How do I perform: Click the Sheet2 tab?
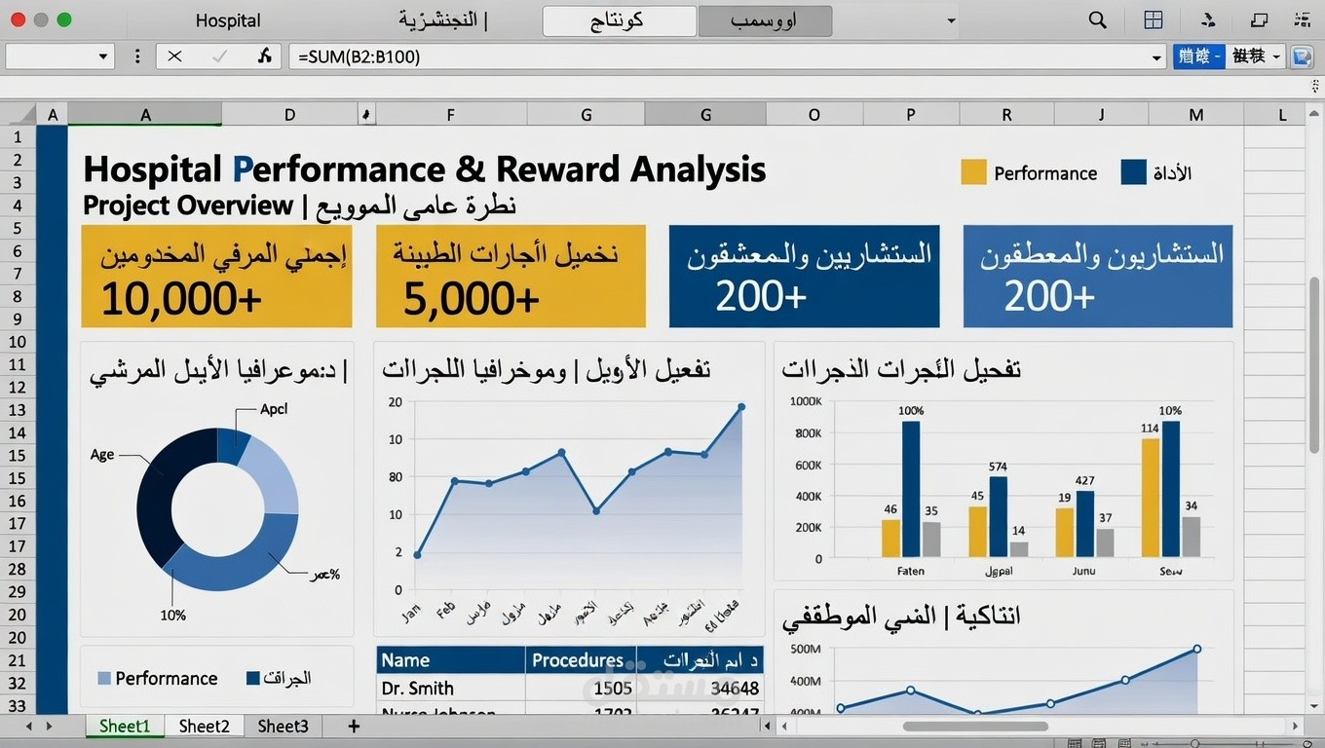pyautogui.click(x=204, y=727)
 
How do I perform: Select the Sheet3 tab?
pyautogui.click(x=283, y=727)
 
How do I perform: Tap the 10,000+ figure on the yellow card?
pyautogui.click(x=181, y=298)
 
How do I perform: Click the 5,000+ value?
pyautogui.click(x=471, y=298)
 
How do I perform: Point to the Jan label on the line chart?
pyautogui.click(x=411, y=613)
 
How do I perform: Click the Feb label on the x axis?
pyautogui.click(x=446, y=611)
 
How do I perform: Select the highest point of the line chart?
pyautogui.click(x=741, y=407)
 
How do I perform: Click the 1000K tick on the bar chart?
pyautogui.click(x=806, y=401)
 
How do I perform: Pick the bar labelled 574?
pyautogui.click(x=998, y=516)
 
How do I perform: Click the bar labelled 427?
pyautogui.click(x=1084, y=523)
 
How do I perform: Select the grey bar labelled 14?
pyautogui.click(x=1019, y=549)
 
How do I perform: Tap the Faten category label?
pyautogui.click(x=910, y=572)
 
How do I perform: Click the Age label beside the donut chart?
pyautogui.click(x=102, y=455)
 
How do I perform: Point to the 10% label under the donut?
pyautogui.click(x=172, y=616)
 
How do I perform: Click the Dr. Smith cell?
pyautogui.click(x=418, y=689)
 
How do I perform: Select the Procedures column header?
pyautogui.click(x=578, y=660)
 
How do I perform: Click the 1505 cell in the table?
pyautogui.click(x=613, y=689)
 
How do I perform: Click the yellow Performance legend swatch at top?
pyautogui.click(x=973, y=172)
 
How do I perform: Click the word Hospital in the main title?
pyautogui.click(x=153, y=169)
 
